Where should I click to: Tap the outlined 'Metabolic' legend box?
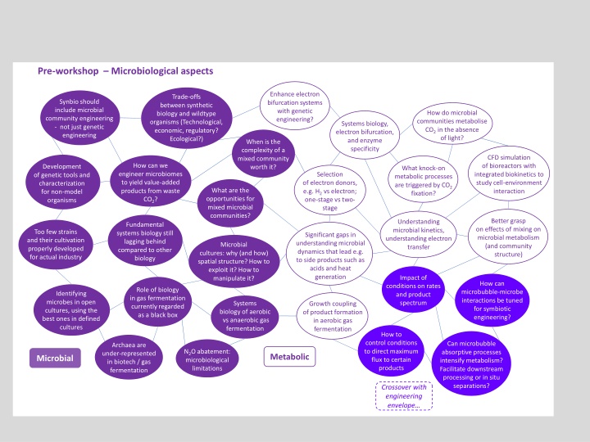coord(290,356)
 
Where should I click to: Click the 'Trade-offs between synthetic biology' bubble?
coord(188,118)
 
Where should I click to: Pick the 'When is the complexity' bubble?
coord(262,155)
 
